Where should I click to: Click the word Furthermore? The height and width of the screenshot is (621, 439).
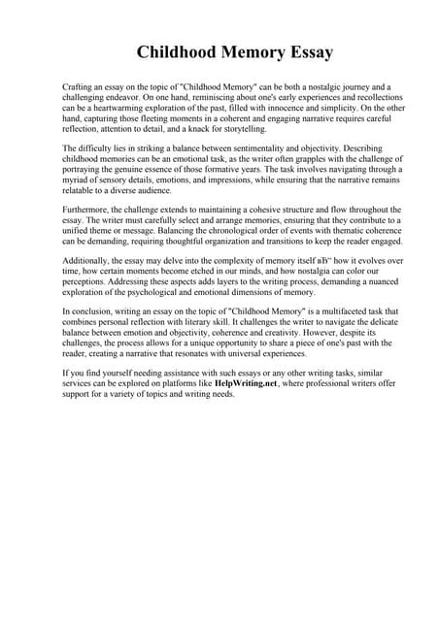87,211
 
